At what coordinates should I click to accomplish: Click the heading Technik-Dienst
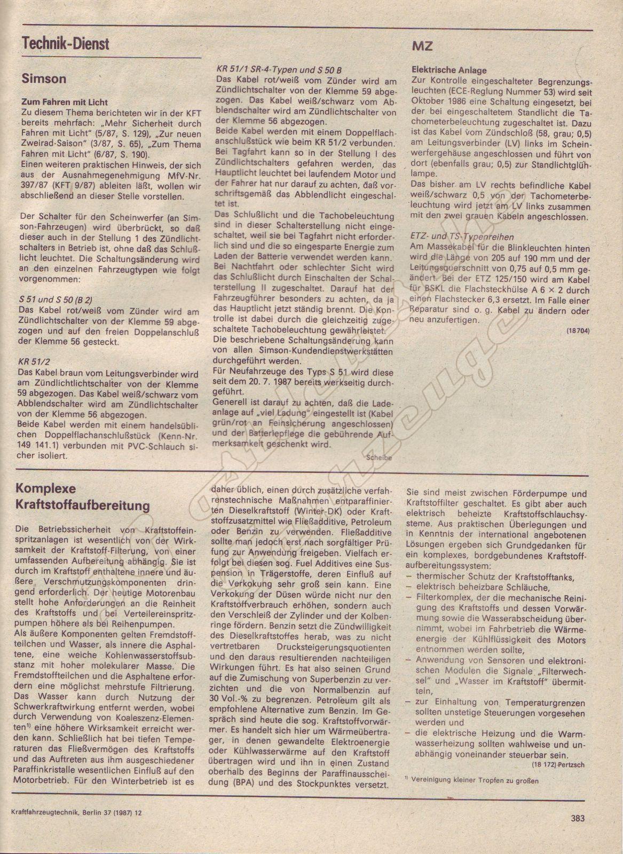point(66,43)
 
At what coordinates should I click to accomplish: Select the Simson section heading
point(44,79)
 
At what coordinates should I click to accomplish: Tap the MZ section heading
point(422,46)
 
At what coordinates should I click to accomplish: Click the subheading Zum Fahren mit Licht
point(64,102)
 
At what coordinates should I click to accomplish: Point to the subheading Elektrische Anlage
point(449,70)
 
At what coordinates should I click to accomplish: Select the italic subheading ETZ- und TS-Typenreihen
point(462,236)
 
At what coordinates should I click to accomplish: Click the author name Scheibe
point(380,457)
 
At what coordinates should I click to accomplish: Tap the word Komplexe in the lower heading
point(46,488)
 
